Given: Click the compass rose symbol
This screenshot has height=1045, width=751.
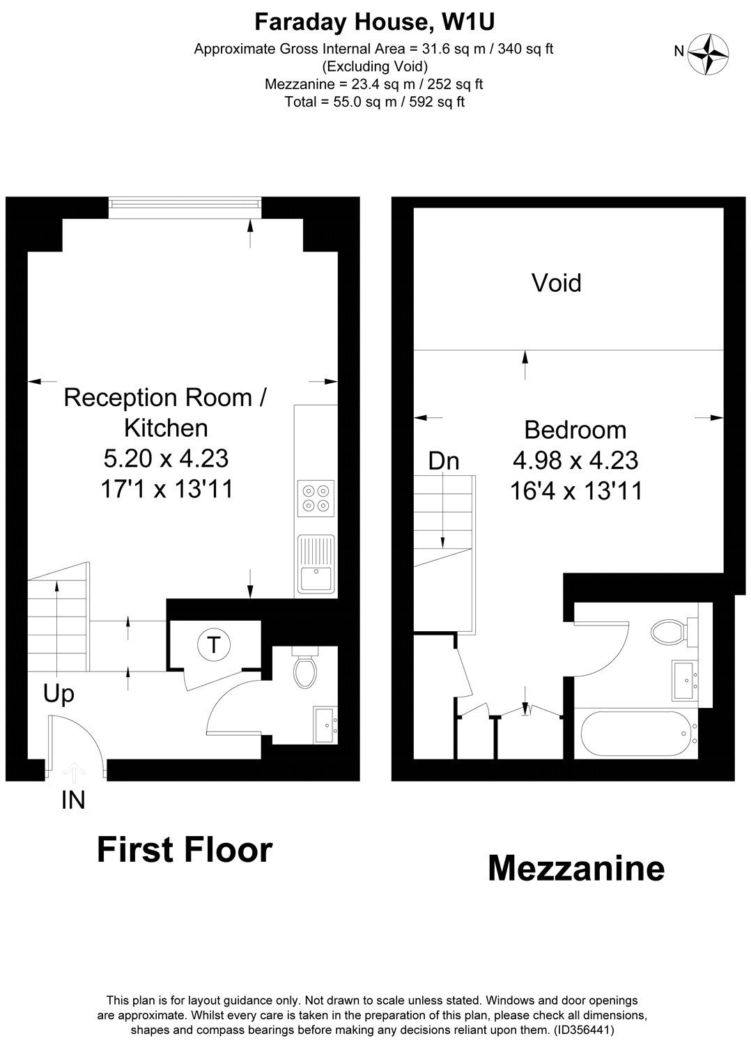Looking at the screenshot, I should point(709,54).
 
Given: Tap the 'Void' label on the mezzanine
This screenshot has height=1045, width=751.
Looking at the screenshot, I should point(556,283).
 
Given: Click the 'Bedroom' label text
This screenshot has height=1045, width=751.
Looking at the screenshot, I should point(575,430).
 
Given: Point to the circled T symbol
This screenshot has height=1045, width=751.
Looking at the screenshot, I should point(213,645).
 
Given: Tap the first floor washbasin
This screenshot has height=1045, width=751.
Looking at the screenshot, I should point(325,724).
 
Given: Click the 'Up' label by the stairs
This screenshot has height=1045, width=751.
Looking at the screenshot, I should point(59,694).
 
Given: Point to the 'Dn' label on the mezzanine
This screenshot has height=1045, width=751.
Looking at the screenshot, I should point(443,460).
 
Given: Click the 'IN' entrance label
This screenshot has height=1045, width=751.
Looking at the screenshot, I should point(73,801).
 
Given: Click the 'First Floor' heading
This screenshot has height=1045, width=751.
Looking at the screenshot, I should point(184,851).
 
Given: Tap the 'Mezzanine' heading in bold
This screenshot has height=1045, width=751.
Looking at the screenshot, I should point(575,869).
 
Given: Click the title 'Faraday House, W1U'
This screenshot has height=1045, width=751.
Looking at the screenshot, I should point(375,22).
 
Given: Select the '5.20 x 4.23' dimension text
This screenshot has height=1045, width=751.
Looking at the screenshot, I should point(166,458).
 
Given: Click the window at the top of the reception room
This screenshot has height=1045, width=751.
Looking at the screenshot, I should point(185,203).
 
